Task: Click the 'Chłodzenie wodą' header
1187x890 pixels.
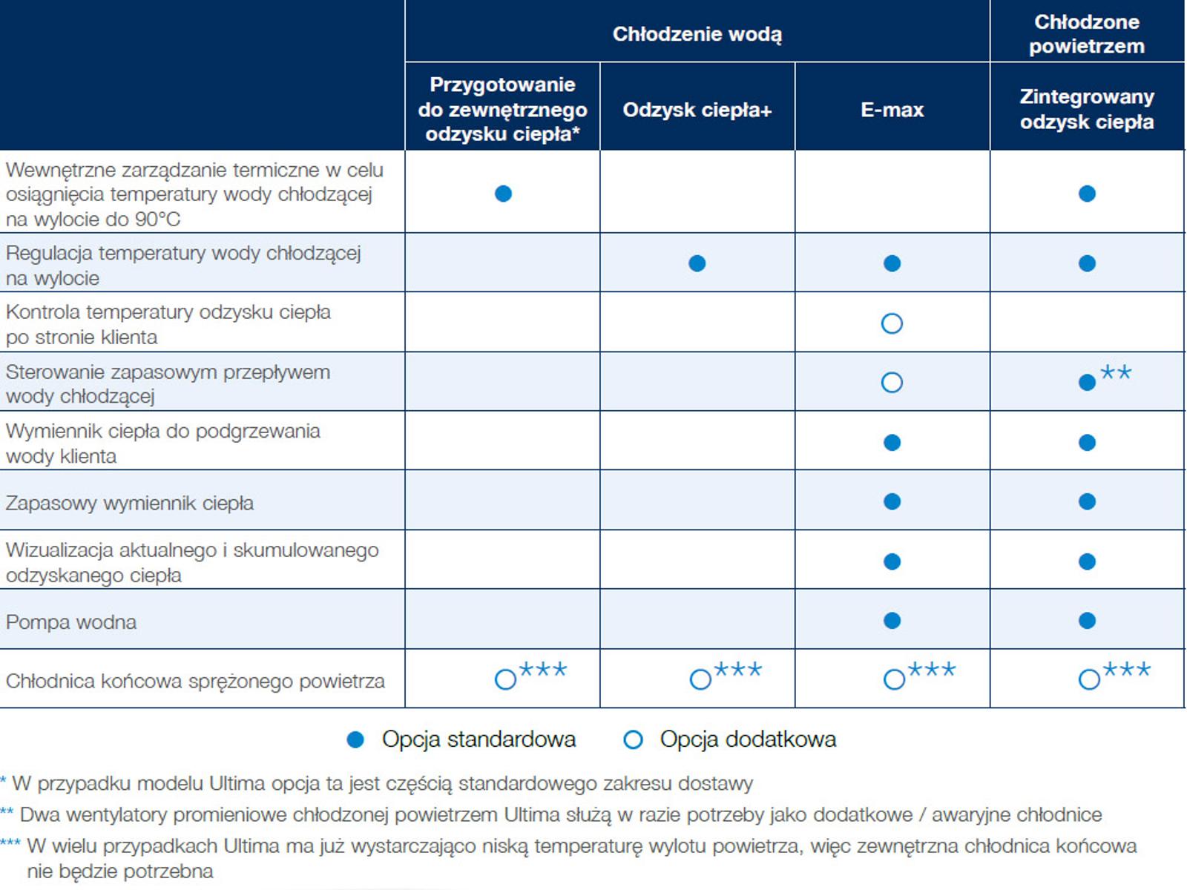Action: (697, 34)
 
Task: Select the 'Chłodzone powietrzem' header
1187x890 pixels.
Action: (1086, 34)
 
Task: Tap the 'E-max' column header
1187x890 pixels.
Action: (892, 110)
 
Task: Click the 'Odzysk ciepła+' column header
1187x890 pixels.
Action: (697, 110)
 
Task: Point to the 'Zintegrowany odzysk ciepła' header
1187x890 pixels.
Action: (1087, 109)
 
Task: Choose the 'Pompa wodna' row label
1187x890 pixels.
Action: (70, 622)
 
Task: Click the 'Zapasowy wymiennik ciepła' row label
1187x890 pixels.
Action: (129, 503)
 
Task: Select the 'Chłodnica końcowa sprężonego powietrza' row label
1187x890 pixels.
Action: (195, 682)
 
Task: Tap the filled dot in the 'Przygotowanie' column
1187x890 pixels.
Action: (503, 194)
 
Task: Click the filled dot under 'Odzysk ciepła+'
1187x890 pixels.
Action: (697, 263)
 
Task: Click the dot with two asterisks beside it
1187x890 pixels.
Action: (1087, 383)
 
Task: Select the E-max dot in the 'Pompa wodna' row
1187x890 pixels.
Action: (892, 620)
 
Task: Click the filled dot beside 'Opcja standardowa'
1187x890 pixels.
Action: (355, 739)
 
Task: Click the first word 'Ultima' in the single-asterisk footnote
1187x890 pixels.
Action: (237, 783)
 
